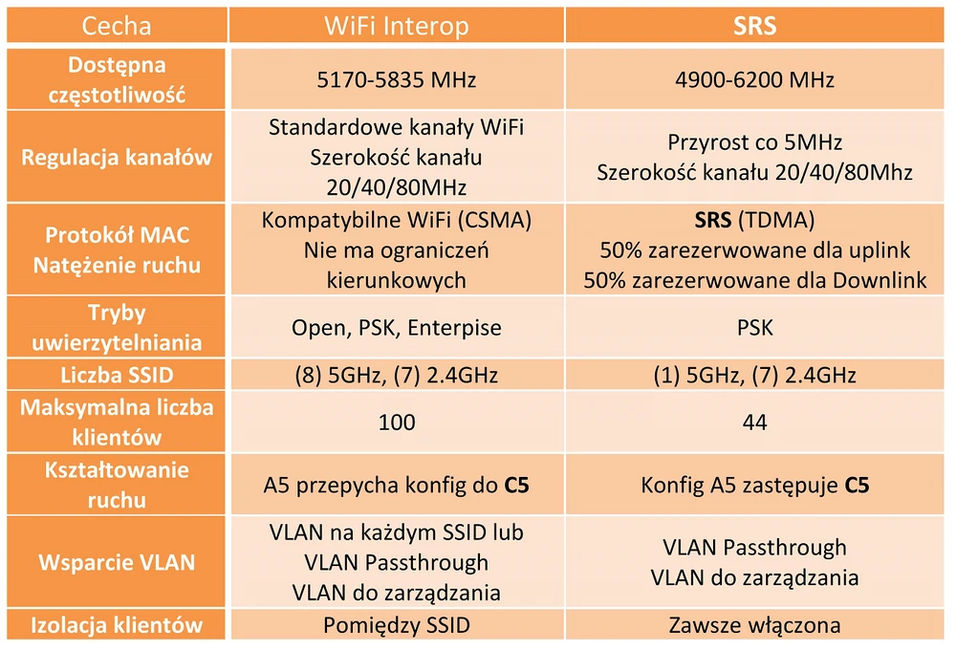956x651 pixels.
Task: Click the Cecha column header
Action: tap(117, 26)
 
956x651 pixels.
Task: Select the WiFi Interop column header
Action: tap(397, 26)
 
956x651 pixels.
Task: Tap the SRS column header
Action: tap(755, 26)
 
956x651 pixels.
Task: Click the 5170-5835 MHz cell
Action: tap(397, 80)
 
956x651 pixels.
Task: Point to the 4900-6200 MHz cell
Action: tap(755, 80)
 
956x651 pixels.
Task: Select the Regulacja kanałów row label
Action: tap(117, 158)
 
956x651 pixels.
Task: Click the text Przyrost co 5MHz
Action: tap(755, 142)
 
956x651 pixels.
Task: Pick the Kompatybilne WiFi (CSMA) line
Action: tap(397, 220)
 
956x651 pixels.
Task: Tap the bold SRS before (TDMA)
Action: tap(713, 220)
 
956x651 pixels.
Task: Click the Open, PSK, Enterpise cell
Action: tap(397, 328)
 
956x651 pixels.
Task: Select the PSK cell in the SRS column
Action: tap(755, 328)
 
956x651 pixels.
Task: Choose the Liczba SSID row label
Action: tap(117, 375)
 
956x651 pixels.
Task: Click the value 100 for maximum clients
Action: tap(397, 422)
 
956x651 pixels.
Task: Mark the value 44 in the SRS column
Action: tap(755, 422)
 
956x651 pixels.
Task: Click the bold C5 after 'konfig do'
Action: tap(516, 486)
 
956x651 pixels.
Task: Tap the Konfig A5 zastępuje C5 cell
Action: tap(755, 486)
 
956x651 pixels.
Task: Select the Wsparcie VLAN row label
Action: tap(117, 562)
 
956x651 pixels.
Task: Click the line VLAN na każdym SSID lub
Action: tap(397, 532)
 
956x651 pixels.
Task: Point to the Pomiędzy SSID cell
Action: tap(397, 625)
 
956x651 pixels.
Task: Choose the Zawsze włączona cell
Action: tap(755, 625)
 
